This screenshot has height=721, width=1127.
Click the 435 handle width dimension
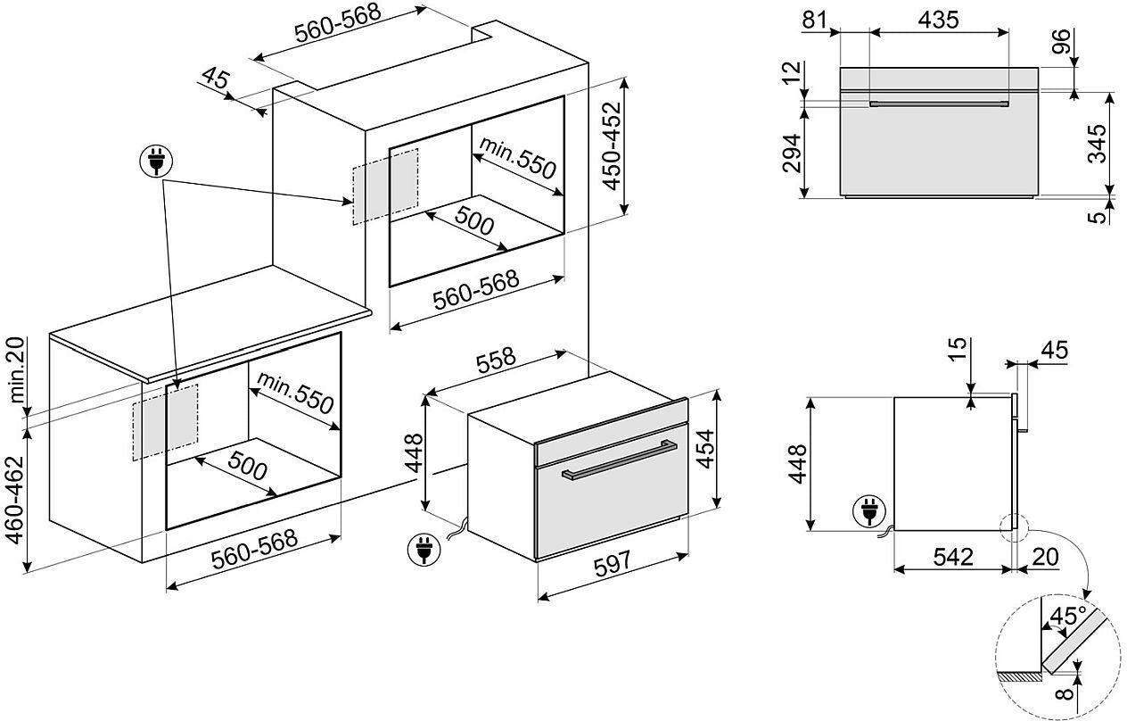tap(938, 20)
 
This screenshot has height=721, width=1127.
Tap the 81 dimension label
tap(815, 20)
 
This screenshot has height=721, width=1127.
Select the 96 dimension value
tap(1061, 42)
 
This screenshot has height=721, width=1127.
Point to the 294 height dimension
tap(792, 153)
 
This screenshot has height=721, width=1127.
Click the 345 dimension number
tap(1098, 144)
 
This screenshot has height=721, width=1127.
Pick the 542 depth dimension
tap(953, 557)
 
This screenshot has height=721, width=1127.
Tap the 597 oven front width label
tap(612, 564)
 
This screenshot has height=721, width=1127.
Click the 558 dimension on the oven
tap(496, 360)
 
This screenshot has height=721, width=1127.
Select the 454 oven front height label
tap(707, 449)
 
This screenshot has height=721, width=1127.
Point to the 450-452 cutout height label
tap(613, 146)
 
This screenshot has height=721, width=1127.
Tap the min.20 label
tap(17, 370)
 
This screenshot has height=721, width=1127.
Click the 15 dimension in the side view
tap(958, 350)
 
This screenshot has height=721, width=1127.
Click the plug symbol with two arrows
tap(156, 162)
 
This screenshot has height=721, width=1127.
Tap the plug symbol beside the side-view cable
tap(869, 511)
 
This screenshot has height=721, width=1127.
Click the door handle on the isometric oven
tap(620, 460)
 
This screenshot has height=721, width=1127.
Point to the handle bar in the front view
tap(939, 104)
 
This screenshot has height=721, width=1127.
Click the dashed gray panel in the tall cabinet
tap(385, 186)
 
